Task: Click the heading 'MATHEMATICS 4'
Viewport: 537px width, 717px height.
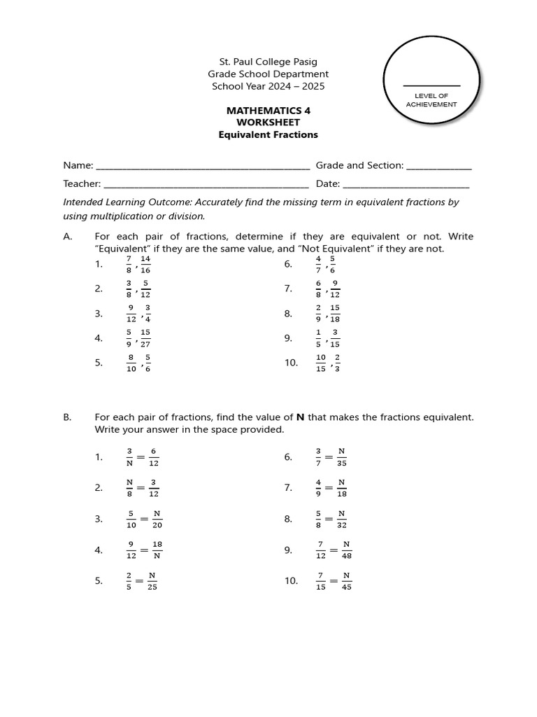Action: [x=268, y=111]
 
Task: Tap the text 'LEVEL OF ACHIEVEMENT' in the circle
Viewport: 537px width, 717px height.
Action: [x=431, y=100]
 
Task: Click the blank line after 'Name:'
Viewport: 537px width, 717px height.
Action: [x=202, y=167]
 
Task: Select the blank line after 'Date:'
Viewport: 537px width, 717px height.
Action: [x=406, y=185]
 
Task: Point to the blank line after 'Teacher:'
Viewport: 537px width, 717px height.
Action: [x=206, y=185]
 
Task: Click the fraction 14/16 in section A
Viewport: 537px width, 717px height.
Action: [x=145, y=264]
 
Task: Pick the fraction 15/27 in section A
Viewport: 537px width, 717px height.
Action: [x=145, y=338]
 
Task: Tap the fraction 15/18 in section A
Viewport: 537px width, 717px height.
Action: [x=335, y=313]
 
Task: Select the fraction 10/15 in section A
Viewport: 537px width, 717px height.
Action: [x=320, y=363]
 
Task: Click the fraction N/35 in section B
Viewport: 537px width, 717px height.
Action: [x=342, y=457]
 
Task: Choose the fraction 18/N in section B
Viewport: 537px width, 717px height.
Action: [x=157, y=550]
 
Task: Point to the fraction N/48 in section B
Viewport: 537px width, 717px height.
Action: [x=346, y=550]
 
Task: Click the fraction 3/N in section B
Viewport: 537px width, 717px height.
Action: [x=129, y=457]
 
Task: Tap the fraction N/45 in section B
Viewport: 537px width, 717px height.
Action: [x=346, y=581]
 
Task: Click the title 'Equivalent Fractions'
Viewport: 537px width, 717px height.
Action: [x=268, y=134]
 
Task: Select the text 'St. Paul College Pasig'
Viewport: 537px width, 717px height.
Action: [x=268, y=62]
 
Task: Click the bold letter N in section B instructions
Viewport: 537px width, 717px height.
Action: [x=300, y=417]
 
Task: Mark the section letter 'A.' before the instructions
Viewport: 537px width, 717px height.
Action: [x=68, y=237]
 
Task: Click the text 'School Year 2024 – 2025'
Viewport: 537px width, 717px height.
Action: [x=268, y=86]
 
